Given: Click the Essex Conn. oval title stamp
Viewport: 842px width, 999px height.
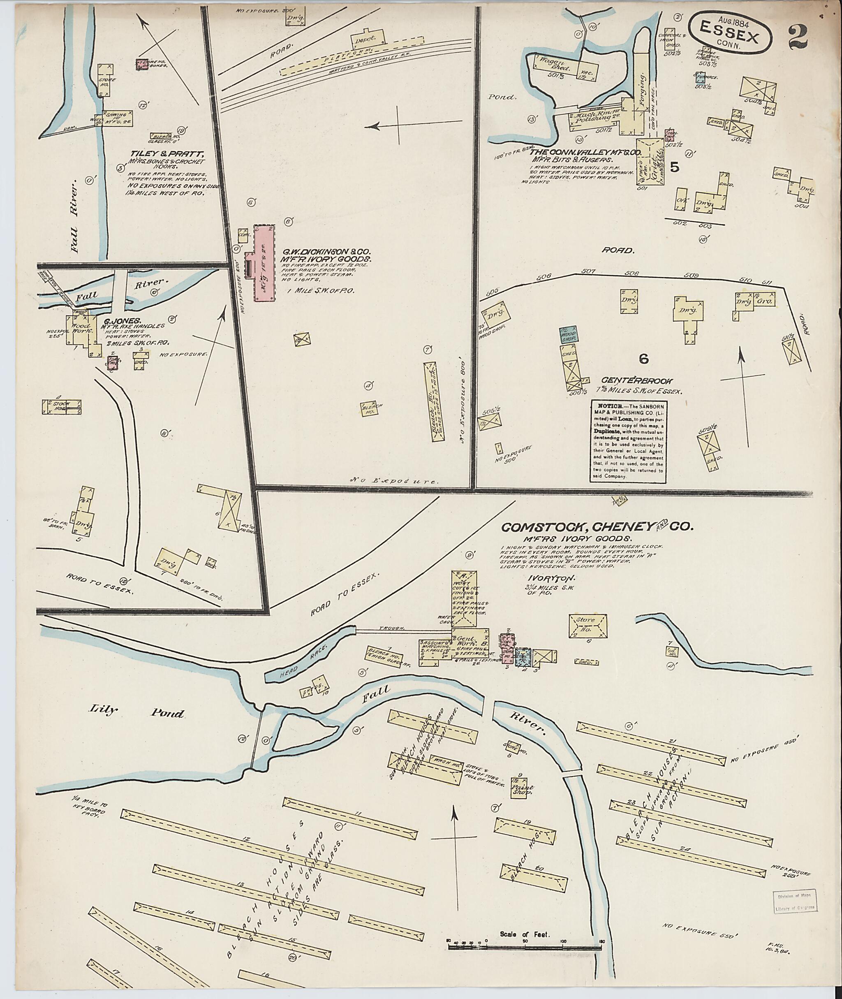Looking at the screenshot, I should tap(729, 33).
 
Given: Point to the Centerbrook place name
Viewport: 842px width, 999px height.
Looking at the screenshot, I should tap(637, 381).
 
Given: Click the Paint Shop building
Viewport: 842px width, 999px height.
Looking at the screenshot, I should tap(522, 788).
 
